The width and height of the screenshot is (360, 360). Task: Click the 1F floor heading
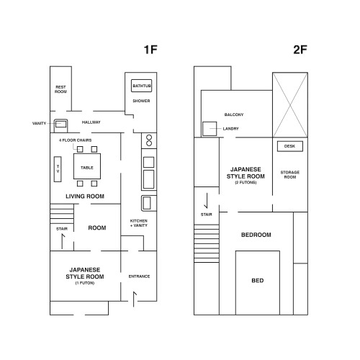click(x=150, y=50)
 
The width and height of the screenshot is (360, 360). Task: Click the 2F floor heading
click(x=300, y=50)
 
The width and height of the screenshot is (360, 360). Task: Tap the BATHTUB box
click(x=142, y=86)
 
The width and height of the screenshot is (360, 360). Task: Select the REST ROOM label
click(x=60, y=89)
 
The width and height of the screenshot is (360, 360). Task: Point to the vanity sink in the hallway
click(x=60, y=126)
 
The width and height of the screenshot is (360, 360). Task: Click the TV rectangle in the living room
click(x=58, y=169)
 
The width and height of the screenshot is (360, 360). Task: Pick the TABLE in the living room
click(x=87, y=166)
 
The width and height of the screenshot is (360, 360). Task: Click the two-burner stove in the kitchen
click(x=149, y=140)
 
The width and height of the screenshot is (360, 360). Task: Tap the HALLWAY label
click(x=91, y=122)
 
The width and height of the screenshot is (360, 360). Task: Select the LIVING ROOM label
click(x=85, y=197)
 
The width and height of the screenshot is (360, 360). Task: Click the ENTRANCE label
click(x=139, y=276)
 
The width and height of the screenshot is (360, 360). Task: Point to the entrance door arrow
click(x=135, y=299)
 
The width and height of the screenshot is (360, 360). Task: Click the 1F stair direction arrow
click(x=63, y=241)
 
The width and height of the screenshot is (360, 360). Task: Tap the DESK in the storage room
click(x=290, y=146)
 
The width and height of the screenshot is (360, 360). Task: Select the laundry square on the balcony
click(x=210, y=129)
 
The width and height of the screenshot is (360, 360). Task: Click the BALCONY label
click(x=234, y=114)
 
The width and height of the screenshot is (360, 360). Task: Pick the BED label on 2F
click(x=258, y=281)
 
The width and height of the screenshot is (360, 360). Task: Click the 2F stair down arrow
click(x=207, y=201)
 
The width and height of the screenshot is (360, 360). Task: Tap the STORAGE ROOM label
click(x=290, y=175)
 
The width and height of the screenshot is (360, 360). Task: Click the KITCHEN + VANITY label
click(x=139, y=223)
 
